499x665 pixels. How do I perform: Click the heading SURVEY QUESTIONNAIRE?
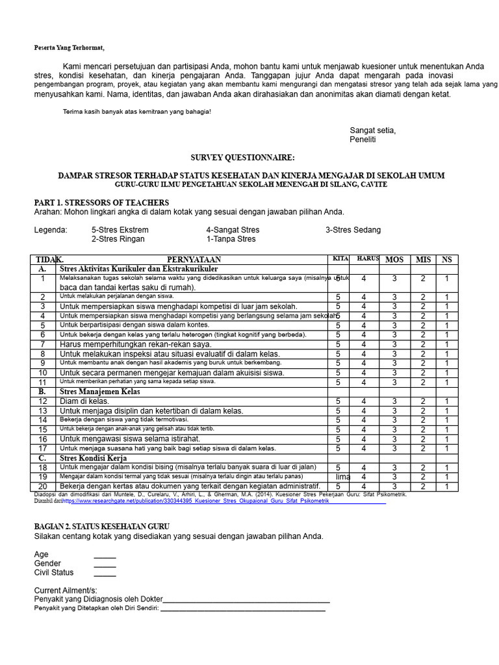(242, 158)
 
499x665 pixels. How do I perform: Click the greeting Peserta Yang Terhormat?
(69, 48)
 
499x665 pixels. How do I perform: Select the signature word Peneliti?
(363, 140)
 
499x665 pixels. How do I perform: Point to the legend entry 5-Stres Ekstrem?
(120, 230)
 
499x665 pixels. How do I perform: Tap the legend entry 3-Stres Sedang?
(353, 230)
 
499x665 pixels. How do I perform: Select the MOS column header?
(394, 260)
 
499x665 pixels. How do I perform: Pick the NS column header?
(447, 260)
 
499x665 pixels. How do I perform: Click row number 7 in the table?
(43, 344)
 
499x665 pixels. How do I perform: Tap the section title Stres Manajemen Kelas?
(99, 392)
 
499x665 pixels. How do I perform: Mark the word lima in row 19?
(343, 477)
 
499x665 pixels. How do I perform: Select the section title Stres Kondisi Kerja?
(92, 458)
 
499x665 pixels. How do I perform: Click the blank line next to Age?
(105, 555)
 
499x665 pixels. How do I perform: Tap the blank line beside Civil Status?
(105, 573)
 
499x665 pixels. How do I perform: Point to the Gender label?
(47, 564)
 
